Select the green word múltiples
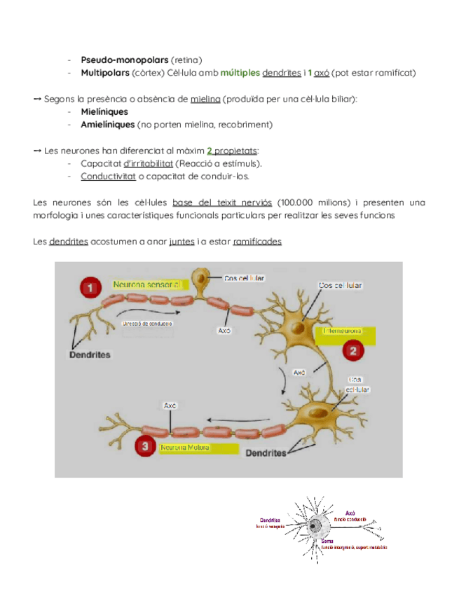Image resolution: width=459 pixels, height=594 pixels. [240, 72]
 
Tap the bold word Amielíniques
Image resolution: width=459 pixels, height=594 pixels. [107, 124]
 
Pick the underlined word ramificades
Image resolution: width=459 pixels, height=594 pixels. [257, 241]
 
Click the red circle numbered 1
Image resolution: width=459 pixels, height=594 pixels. [89, 286]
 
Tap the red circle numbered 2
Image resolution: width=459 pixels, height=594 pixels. [353, 350]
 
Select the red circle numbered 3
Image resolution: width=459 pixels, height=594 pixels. [144, 445]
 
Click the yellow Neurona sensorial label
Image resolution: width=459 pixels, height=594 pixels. [146, 284]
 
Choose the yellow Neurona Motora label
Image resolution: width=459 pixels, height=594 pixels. [184, 446]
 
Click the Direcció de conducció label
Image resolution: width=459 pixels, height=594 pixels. [147, 324]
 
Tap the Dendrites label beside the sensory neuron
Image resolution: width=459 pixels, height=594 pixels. [89, 354]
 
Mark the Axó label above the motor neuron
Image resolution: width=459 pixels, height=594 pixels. [170, 405]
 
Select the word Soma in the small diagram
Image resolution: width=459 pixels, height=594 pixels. [327, 541]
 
